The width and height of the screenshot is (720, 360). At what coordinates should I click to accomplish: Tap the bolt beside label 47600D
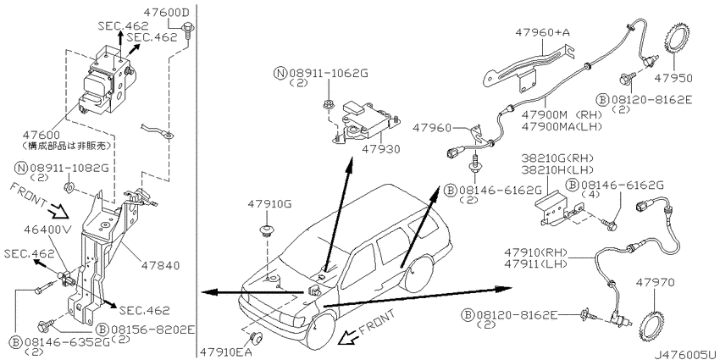[188, 31]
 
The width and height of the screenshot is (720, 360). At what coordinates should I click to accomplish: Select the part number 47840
[162, 265]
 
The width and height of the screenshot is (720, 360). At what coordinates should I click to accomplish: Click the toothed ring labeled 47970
[651, 323]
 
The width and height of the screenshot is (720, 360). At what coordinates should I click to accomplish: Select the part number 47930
[380, 149]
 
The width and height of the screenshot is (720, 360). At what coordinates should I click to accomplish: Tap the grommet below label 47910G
[265, 230]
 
